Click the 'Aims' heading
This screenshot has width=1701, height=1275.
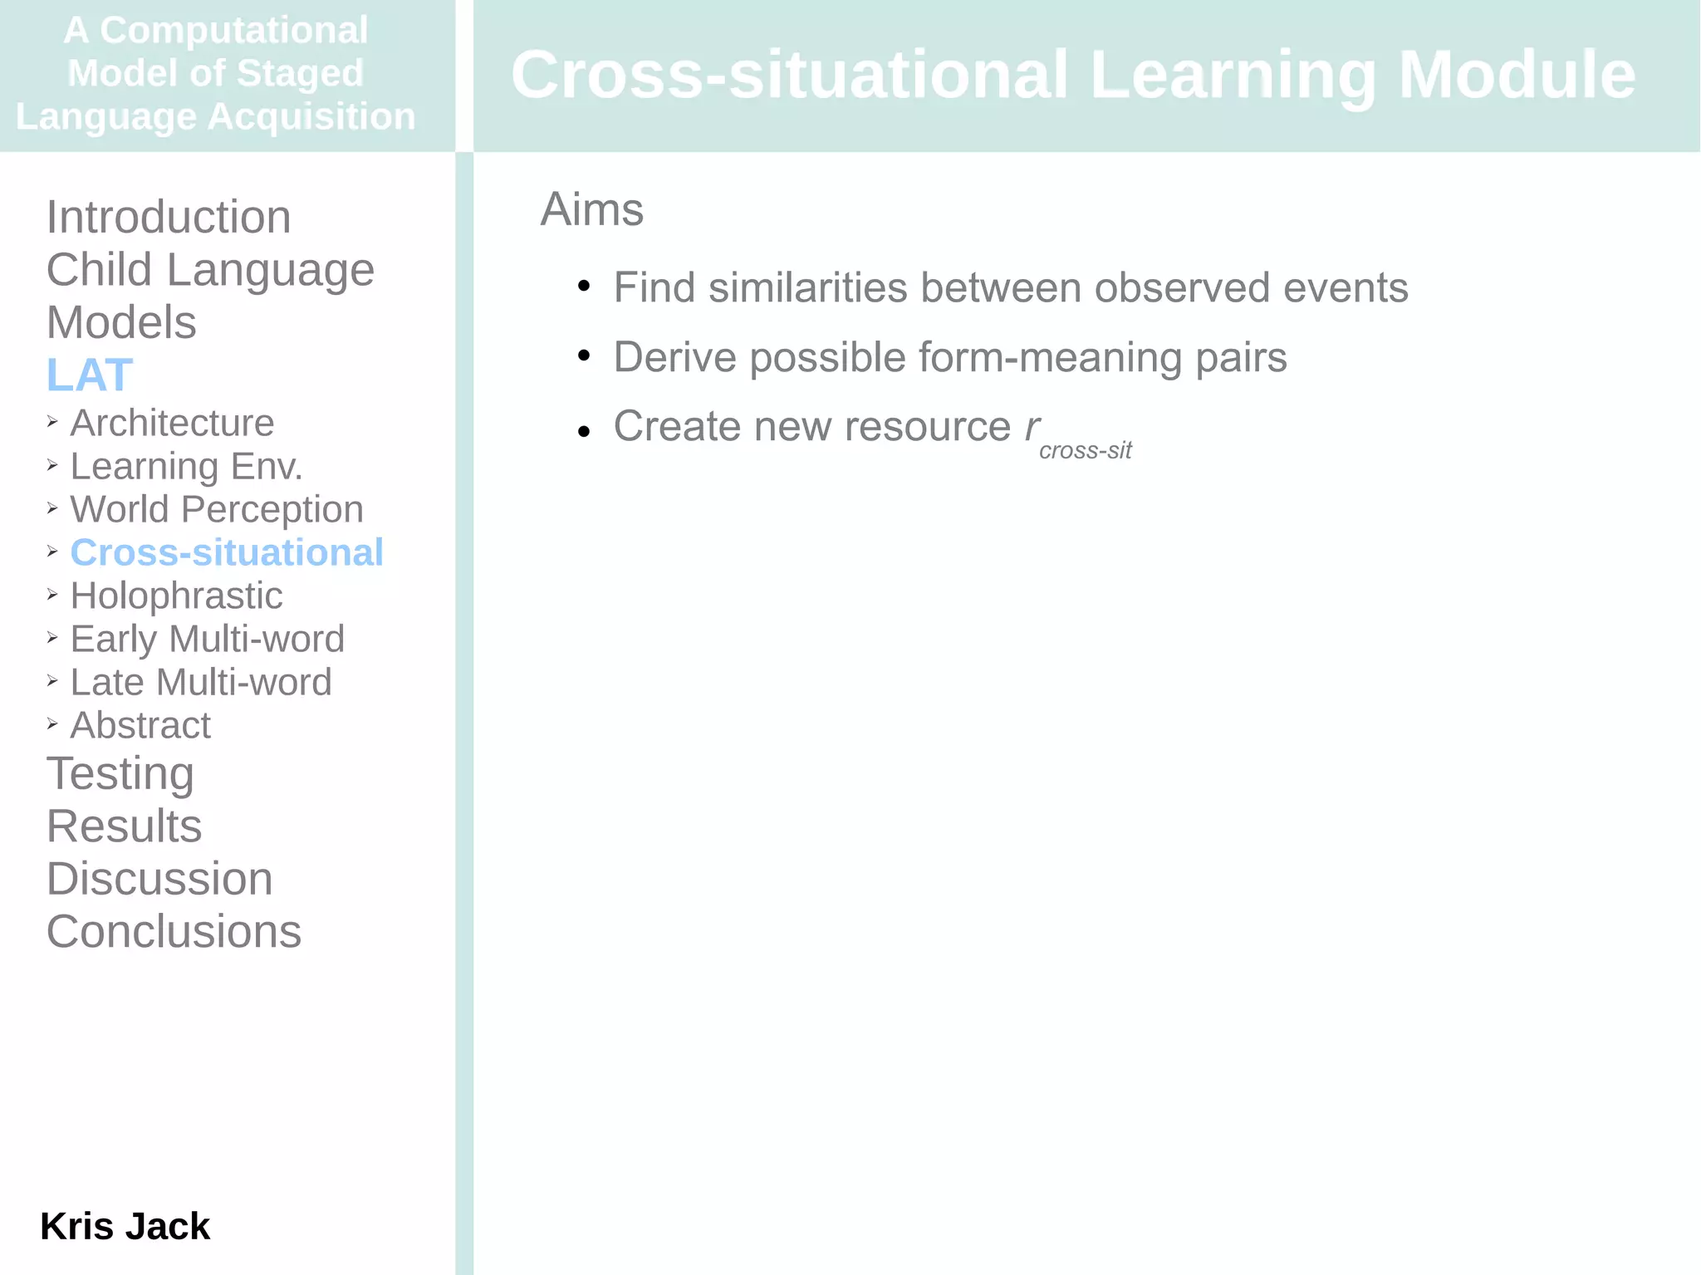(x=591, y=209)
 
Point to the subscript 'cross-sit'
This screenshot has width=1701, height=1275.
(x=1085, y=450)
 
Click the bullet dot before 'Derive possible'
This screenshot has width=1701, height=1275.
(x=584, y=356)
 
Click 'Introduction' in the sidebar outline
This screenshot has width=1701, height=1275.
(x=169, y=218)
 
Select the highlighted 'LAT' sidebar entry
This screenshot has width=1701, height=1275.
(x=90, y=375)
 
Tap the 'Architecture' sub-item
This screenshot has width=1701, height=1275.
(x=172, y=423)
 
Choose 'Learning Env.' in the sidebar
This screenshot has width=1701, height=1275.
(x=186, y=466)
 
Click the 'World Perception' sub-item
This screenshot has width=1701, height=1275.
(x=217, y=509)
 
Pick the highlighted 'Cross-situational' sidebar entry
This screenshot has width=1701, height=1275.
(x=227, y=552)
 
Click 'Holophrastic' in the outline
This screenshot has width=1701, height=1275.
(x=176, y=596)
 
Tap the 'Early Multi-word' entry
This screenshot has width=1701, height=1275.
(x=207, y=639)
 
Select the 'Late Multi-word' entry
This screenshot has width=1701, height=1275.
(x=201, y=682)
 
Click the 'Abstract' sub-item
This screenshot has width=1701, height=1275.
(x=140, y=725)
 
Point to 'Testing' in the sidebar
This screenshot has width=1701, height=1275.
(x=120, y=773)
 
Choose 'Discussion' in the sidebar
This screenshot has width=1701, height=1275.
(x=159, y=879)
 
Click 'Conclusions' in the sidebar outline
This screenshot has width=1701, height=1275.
(x=174, y=931)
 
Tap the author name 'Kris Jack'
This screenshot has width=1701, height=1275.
(x=125, y=1226)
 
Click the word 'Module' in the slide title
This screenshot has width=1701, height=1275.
(x=1517, y=75)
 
